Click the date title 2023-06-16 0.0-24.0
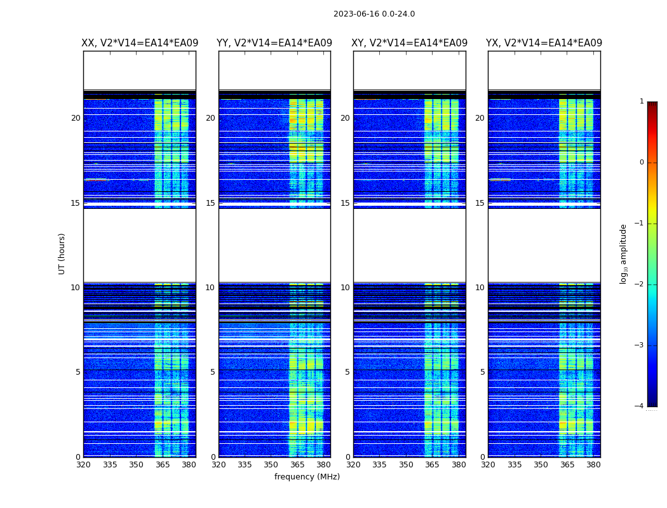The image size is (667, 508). click(374, 14)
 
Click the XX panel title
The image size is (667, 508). click(140, 43)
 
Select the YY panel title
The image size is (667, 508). click(274, 43)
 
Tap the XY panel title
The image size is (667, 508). click(410, 43)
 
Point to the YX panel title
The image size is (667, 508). click(544, 43)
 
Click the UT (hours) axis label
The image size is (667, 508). click(62, 253)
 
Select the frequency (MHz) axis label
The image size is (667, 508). click(307, 477)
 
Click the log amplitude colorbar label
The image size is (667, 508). click(624, 253)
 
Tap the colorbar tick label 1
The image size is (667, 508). click(641, 102)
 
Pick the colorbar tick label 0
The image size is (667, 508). click(641, 163)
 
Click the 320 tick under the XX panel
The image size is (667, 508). click(83, 465)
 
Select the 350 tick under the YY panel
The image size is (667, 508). click(271, 465)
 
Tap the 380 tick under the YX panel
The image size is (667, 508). click(593, 465)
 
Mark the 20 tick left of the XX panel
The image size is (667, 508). click(76, 118)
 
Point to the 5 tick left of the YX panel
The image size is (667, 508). click(483, 372)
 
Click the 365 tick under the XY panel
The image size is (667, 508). click(432, 465)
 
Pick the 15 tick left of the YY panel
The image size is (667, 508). click(210, 203)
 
